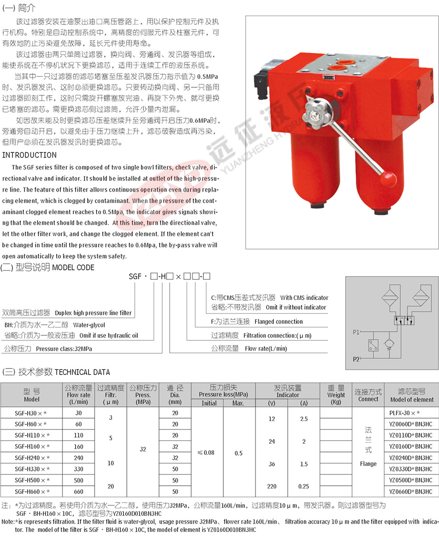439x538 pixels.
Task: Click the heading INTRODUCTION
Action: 30,155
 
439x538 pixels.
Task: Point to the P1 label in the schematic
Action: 356,332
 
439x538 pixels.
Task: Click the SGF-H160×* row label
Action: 32,447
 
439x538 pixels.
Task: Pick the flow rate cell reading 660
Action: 79,492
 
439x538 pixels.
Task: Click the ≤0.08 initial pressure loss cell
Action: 206,453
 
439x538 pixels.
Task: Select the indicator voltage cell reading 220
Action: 271,486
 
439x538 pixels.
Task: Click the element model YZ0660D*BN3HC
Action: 410,492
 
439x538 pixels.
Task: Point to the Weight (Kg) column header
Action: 336,395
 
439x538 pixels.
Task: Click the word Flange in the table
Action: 368,464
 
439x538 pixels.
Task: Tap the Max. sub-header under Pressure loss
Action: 238,403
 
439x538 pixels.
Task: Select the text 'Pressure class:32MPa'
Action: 64,349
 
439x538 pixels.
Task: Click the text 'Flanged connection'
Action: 279,321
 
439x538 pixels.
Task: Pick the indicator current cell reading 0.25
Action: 303,486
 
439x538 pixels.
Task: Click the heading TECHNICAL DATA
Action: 83,372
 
